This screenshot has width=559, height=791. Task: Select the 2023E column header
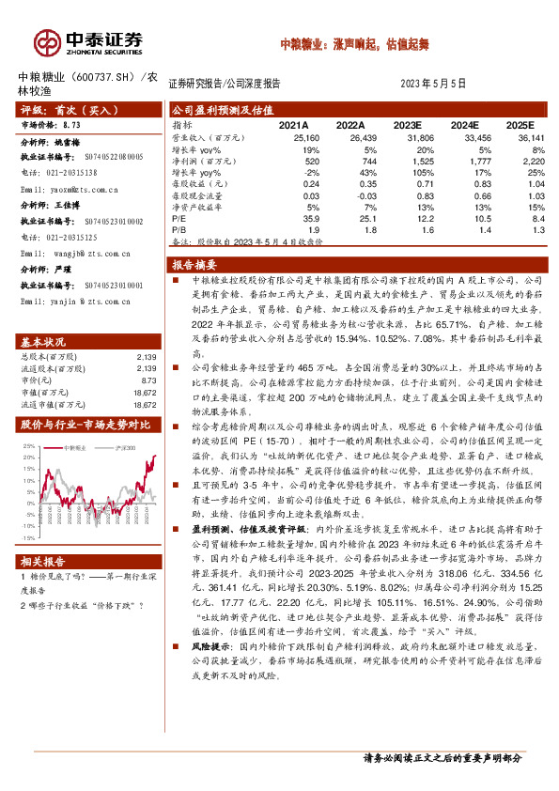pos(407,125)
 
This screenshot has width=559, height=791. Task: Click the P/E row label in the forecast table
pos(178,218)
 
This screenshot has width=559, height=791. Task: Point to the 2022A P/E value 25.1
pos(353,218)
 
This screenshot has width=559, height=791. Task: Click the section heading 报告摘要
pos(195,265)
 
